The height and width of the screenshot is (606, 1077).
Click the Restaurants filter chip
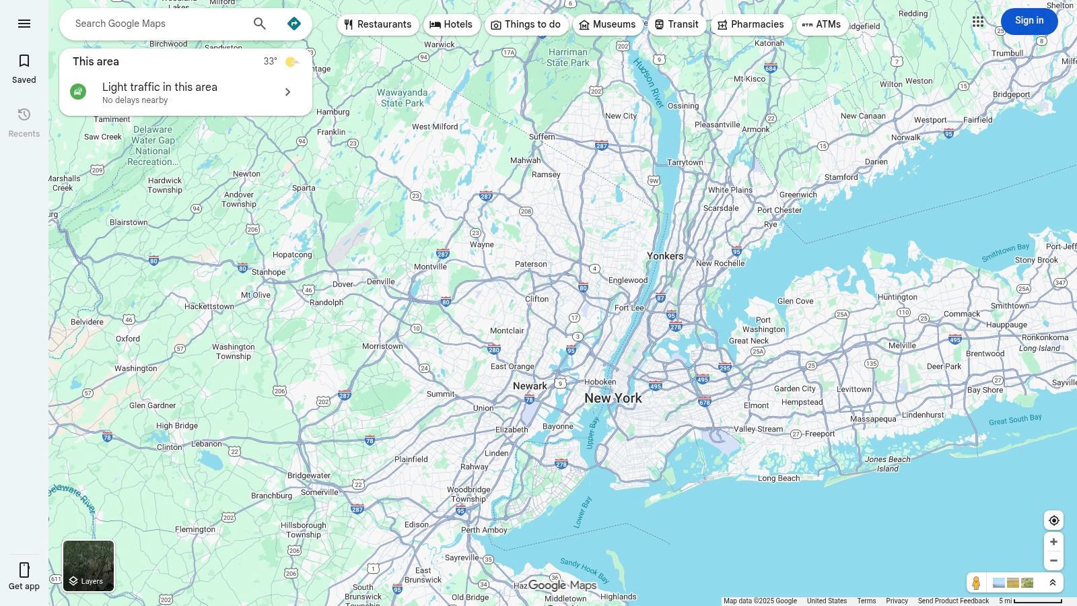pyautogui.click(x=378, y=24)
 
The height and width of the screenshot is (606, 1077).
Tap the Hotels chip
pyautogui.click(x=451, y=24)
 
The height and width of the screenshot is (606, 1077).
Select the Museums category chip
pyautogui.click(x=607, y=24)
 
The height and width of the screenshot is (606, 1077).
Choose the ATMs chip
pyautogui.click(x=821, y=24)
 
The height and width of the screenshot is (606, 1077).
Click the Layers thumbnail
pyautogui.click(x=88, y=566)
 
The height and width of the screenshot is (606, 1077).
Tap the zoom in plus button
pyautogui.click(x=1053, y=542)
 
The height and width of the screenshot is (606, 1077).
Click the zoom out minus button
pyautogui.click(x=1053, y=561)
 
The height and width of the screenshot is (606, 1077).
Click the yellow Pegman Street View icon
pyautogui.click(x=976, y=582)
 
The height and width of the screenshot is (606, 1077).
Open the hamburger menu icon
pyautogui.click(x=24, y=24)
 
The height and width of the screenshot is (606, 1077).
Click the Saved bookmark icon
pyautogui.click(x=24, y=61)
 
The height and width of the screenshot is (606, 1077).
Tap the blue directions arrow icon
pyautogui.click(x=294, y=24)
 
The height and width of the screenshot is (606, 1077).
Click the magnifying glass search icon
pyautogui.click(x=260, y=24)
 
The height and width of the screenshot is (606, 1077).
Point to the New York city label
pyautogui.click(x=613, y=398)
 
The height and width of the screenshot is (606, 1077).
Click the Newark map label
pyautogui.click(x=530, y=386)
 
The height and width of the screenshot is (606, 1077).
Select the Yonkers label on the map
pyautogui.click(x=665, y=256)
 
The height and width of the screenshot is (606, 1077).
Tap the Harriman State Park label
pyautogui.click(x=567, y=57)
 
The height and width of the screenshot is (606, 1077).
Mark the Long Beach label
pyautogui.click(x=779, y=478)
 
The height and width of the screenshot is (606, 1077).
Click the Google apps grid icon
pyautogui.click(x=978, y=22)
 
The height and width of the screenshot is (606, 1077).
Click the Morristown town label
pyautogui.click(x=382, y=346)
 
